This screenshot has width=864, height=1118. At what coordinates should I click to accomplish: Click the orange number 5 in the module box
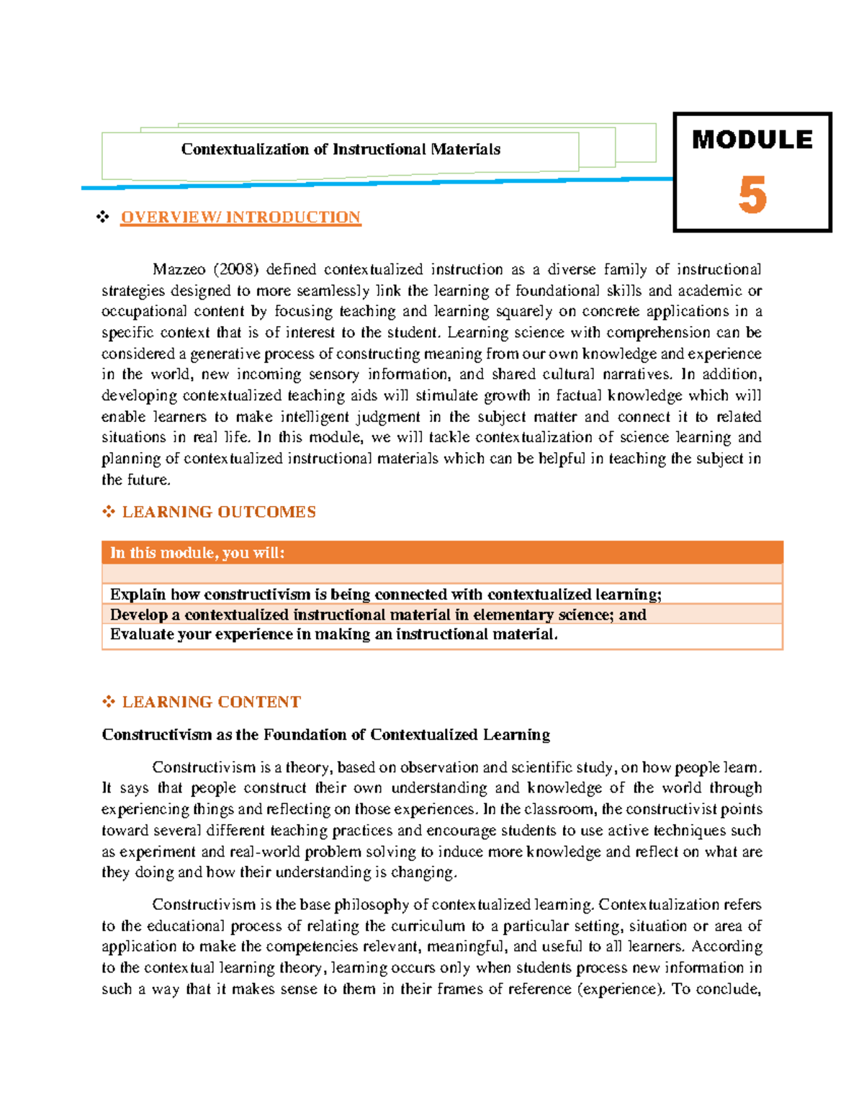(752, 196)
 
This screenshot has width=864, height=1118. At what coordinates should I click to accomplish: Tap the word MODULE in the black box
(752, 140)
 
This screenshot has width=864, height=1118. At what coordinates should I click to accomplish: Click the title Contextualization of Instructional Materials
(341, 149)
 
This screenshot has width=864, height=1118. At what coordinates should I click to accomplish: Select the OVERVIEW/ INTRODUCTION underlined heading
(240, 217)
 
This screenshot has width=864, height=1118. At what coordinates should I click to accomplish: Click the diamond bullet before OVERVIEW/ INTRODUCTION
(103, 217)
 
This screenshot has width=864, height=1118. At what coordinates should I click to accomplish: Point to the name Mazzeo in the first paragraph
(179, 269)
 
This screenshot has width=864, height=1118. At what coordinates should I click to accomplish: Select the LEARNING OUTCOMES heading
(219, 512)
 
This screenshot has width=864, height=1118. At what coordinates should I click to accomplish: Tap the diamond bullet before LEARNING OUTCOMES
(109, 512)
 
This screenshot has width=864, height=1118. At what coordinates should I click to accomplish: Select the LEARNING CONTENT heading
(211, 702)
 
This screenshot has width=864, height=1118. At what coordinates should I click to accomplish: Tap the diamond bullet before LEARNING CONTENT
(109, 702)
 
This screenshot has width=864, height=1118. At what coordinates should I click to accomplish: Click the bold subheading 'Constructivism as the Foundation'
(325, 734)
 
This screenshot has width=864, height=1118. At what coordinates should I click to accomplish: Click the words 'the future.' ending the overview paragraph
(136, 479)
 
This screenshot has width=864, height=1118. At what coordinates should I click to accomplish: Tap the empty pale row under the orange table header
(441, 574)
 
